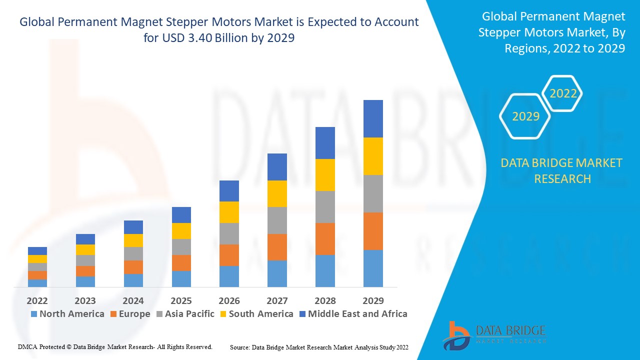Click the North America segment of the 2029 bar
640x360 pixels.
tap(373, 268)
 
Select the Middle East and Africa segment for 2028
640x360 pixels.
tap(325, 143)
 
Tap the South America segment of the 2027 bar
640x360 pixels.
tap(277, 193)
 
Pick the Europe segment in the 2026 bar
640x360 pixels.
tap(229, 255)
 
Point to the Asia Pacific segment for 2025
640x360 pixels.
tap(181, 247)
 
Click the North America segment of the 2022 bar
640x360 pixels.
tap(37, 283)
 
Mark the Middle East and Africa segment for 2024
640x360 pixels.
tap(133, 227)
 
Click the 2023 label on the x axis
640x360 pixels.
tap(85, 300)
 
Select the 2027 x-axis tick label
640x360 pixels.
tap(277, 300)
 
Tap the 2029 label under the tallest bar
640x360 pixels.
tap(373, 300)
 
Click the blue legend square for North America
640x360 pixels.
tap(34, 314)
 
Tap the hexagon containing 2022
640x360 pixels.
tap(563, 93)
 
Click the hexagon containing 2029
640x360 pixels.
tap(525, 116)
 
